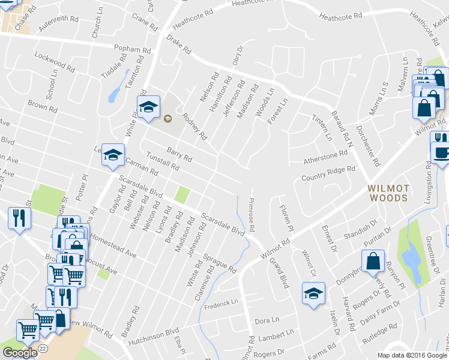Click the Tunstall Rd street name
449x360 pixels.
coord(163,161)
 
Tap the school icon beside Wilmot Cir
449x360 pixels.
coord(313,293)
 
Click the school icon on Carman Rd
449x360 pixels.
coord(112,155)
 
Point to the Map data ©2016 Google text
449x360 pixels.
coord(412,355)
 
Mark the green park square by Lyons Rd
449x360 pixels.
coord(182,195)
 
